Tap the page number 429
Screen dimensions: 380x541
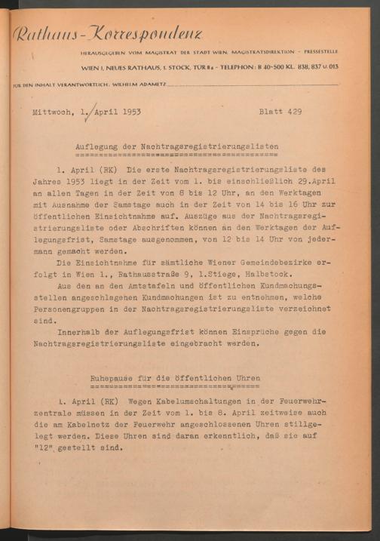[x=294, y=112]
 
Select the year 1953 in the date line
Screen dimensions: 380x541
[x=129, y=112]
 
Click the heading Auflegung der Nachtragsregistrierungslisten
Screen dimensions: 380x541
[x=177, y=146]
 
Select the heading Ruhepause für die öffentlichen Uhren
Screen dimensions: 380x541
[x=175, y=377]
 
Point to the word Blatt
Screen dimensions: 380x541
[x=271, y=112]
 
